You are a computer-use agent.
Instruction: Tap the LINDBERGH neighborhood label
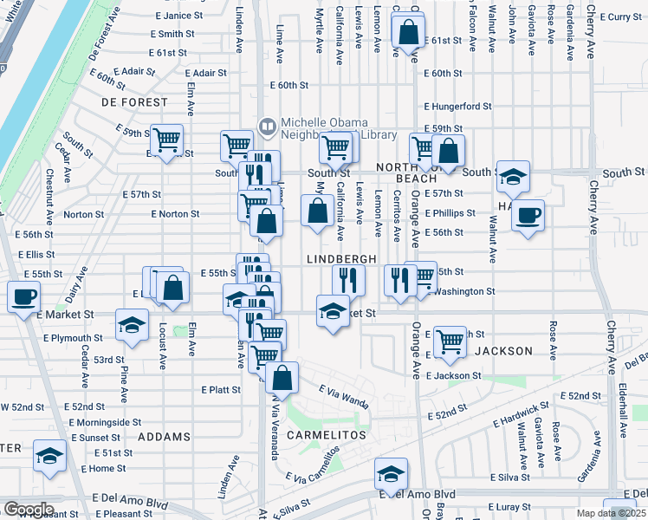(x=341, y=260)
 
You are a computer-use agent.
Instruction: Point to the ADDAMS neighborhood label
(x=158, y=437)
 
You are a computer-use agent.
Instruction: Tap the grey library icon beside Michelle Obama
(x=268, y=127)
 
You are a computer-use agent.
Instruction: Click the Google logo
(x=28, y=509)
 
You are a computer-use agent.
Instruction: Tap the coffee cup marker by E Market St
(x=23, y=297)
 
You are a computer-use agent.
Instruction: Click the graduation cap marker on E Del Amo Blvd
(x=391, y=474)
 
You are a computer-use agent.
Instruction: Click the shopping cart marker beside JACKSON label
(x=450, y=342)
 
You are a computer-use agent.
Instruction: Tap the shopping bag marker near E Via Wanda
(x=282, y=378)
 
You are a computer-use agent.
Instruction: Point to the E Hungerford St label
(x=457, y=107)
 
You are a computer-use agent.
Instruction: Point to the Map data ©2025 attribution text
(x=608, y=513)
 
